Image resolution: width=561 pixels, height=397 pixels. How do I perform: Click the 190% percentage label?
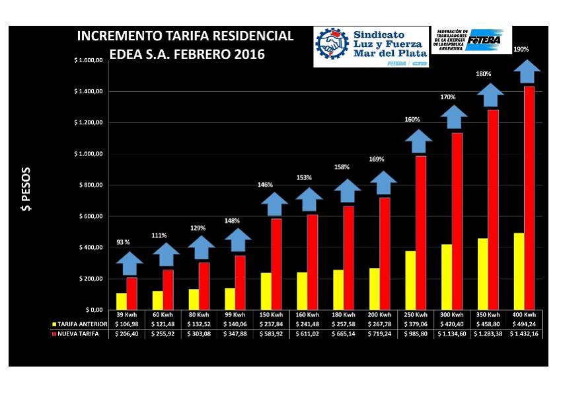521,50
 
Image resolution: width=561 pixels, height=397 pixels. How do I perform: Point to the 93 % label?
124,242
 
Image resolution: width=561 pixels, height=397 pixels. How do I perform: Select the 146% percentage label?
265,185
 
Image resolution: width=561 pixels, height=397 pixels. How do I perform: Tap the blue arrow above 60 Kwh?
166,255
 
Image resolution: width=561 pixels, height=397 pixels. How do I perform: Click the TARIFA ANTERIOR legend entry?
80,324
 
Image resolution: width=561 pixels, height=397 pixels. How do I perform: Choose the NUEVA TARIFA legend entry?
78,335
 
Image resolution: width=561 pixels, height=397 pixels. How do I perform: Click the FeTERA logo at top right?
486,40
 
